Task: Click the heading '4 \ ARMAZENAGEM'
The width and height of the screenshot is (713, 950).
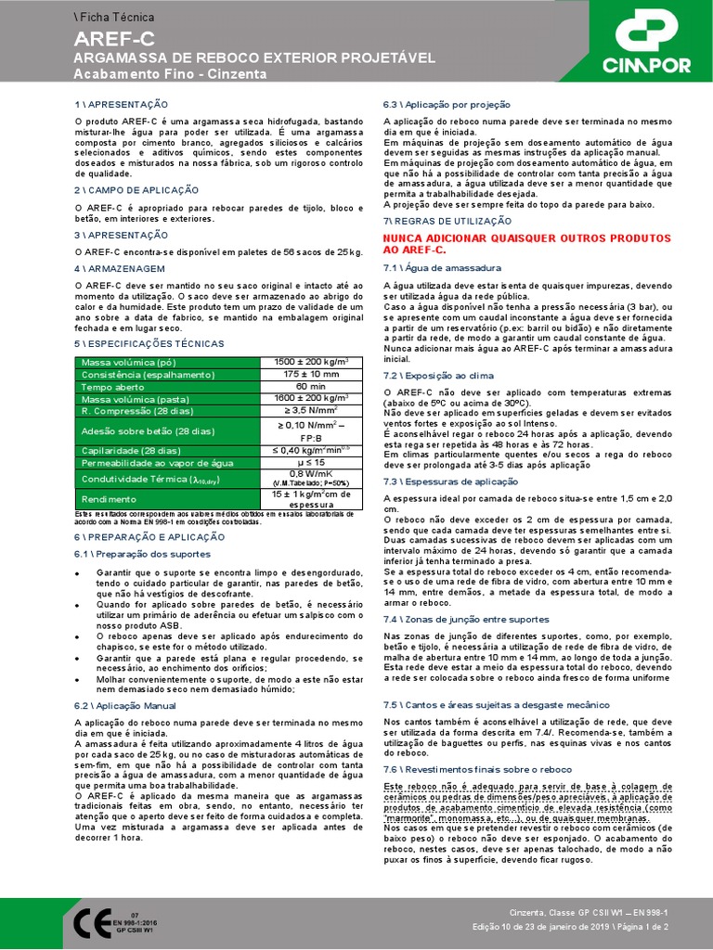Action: pos(120,268)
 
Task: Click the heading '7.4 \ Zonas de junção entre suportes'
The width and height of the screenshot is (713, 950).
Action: pos(466,619)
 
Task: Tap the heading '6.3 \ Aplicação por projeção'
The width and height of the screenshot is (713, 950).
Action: pos(446,105)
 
